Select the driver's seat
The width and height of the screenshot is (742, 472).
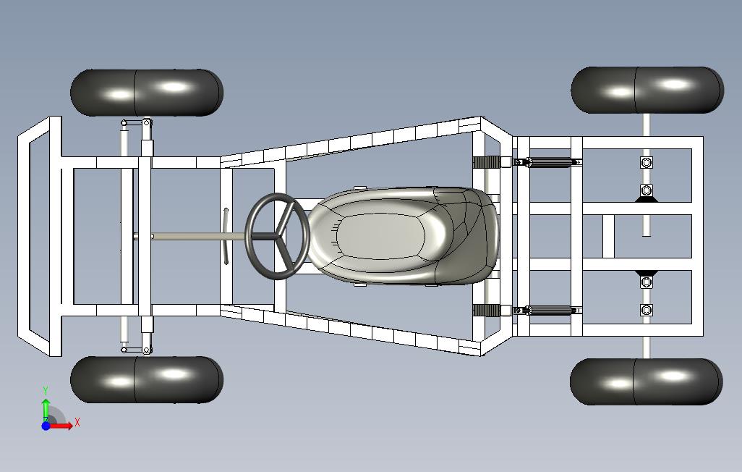pyautogui.click(x=405, y=236)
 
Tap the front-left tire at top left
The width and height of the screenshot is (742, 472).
pyautogui.click(x=147, y=92)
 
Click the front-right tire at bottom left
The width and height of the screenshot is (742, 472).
pyautogui.click(x=147, y=379)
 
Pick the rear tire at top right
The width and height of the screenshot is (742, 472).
pyautogui.click(x=647, y=90)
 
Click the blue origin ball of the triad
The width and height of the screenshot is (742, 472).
pyautogui.click(x=46, y=426)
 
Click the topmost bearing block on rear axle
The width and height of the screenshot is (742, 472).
pyautogui.click(x=647, y=162)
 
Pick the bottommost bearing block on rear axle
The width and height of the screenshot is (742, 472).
pyautogui.click(x=647, y=311)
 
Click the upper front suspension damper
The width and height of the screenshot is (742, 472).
pyautogui.click(x=124, y=139)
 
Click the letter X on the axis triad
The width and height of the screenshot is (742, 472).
pyautogui.click(x=77, y=422)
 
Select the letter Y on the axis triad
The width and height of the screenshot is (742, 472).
pyautogui.click(x=46, y=390)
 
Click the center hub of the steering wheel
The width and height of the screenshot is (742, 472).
pyautogui.click(x=277, y=235)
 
